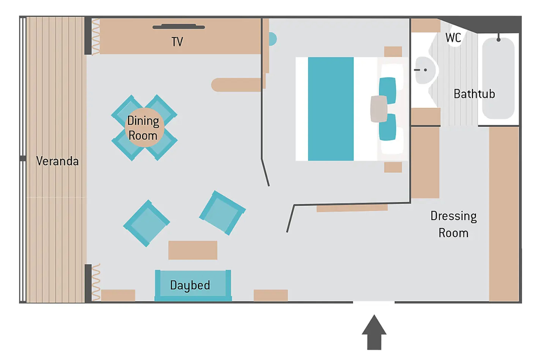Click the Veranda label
[x=58, y=161]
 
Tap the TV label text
[x=177, y=42]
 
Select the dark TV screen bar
[x=179, y=27]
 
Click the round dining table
[x=144, y=127]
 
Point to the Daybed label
[x=190, y=286]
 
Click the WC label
[x=453, y=38]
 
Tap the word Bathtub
[x=474, y=94]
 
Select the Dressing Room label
[x=454, y=225]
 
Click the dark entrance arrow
[x=374, y=332]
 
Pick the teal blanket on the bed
[x=331, y=109]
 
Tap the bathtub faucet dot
[x=499, y=40]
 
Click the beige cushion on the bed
[x=379, y=109]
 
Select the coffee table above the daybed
[x=193, y=250]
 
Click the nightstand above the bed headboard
[x=393, y=52]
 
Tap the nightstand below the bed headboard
[x=393, y=167]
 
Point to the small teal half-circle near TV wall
[x=273, y=39]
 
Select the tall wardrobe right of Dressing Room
[x=504, y=214]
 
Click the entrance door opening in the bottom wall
[x=374, y=302]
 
